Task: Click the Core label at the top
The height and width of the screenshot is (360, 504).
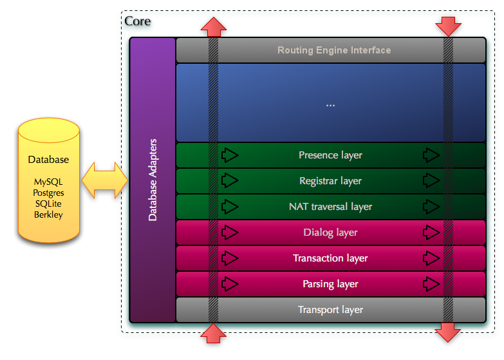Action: click(x=137, y=21)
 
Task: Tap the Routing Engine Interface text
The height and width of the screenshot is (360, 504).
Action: click(x=334, y=50)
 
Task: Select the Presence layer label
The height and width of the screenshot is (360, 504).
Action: click(x=330, y=155)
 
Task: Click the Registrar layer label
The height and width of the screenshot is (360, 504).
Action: click(x=330, y=181)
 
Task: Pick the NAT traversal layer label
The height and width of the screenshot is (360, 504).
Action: click(x=330, y=207)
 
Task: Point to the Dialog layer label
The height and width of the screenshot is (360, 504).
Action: click(x=330, y=232)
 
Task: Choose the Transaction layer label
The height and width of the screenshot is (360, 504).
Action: click(x=330, y=258)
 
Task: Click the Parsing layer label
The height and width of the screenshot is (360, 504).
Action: click(x=330, y=284)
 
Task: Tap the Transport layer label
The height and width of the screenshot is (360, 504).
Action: click(x=330, y=310)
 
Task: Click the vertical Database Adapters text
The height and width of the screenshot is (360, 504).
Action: click(x=153, y=180)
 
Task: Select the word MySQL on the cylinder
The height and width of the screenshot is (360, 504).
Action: click(x=48, y=182)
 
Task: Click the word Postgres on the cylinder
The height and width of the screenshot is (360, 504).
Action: click(x=48, y=193)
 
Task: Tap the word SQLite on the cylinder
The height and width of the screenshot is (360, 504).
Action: click(x=48, y=204)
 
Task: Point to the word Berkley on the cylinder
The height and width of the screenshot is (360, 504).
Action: click(x=48, y=214)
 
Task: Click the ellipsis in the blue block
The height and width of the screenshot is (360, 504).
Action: click(x=330, y=104)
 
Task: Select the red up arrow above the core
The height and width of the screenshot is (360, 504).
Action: click(x=213, y=27)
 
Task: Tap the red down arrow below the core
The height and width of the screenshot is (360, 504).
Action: click(x=448, y=332)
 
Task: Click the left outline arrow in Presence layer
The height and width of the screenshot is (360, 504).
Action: click(x=229, y=155)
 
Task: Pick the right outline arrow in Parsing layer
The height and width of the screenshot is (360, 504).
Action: click(x=431, y=284)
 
